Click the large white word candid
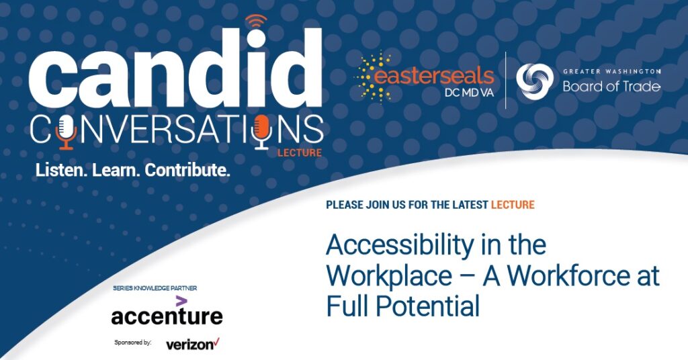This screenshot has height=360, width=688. click(175, 69)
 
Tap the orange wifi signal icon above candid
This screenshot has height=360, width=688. click(256, 21)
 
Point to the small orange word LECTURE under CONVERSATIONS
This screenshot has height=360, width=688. click(300, 153)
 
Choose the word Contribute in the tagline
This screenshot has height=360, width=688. click(187, 170)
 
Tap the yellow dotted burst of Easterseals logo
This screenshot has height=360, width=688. click(372, 77)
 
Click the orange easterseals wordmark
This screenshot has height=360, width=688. click(433, 76)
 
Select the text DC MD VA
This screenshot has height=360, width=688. click(469, 93)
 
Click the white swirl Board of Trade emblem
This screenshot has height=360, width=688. click(534, 80)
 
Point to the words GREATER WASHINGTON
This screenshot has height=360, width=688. click(611, 71)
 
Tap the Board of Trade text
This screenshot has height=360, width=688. click(611, 87)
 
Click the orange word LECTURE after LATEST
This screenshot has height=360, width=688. click(513, 205)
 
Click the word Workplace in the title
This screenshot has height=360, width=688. click(389, 276)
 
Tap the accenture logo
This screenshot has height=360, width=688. click(167, 312)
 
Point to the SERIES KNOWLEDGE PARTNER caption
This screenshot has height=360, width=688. click(155, 288)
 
